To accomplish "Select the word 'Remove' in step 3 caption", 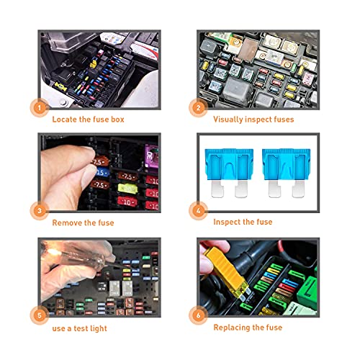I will tap(70, 222).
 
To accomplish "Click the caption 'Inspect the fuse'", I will tap(243, 222).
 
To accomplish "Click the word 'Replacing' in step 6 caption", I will tap(233, 326).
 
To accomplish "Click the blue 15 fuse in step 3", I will tap(102, 174).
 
